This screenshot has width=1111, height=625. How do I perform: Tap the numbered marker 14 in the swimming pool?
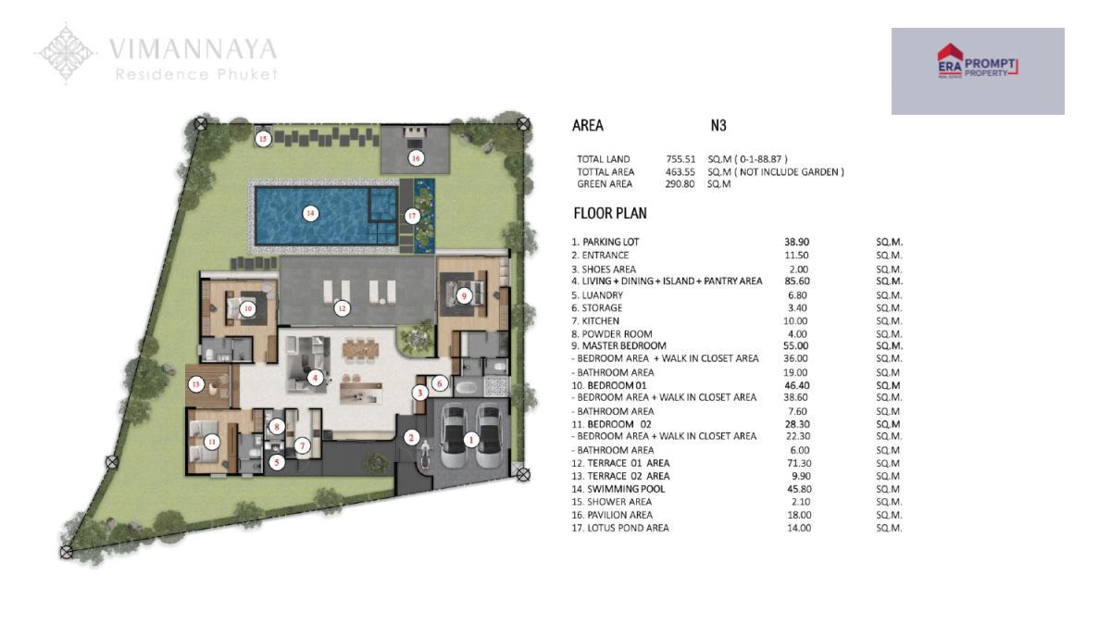[310, 214]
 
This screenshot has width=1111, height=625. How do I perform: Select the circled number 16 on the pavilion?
[416, 158]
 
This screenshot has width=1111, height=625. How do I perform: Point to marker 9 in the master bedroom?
[464, 296]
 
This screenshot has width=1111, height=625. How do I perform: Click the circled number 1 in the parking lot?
[471, 439]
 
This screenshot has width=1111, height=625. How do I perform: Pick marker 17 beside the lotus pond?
[412, 217]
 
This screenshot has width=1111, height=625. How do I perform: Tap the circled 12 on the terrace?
[342, 308]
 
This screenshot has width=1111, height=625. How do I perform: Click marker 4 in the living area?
[315, 379]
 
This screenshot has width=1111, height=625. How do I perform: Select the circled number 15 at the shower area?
[263, 139]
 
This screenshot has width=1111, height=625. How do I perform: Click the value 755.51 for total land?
[680, 159]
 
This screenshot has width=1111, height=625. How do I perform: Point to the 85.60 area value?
[796, 281]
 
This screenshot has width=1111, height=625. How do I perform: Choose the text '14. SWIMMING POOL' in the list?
[618, 489]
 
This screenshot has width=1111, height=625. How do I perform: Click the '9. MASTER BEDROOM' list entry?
[618, 345]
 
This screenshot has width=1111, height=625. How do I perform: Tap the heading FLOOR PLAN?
[610, 213]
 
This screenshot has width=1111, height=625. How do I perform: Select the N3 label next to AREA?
[718, 126]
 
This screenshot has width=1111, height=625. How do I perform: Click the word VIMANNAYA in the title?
[193, 49]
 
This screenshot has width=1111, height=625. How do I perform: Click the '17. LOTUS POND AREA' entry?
[620, 529]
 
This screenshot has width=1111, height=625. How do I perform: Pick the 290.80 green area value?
[680, 184]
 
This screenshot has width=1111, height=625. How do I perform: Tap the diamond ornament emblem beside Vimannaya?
[66, 53]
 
